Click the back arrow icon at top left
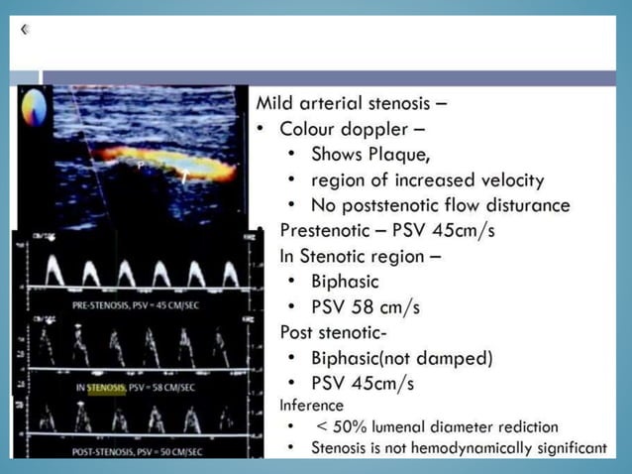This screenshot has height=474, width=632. coord(24,30)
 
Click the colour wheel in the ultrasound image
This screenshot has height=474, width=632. coord(34,106)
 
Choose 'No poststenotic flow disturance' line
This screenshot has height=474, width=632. coord(440,205)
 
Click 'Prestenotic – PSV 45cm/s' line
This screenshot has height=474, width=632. coord(386,230)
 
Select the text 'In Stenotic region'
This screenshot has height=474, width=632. coord(360,256)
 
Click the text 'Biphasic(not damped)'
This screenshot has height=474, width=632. coord(402,358)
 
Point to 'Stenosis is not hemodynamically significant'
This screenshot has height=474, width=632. coord(459,449)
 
